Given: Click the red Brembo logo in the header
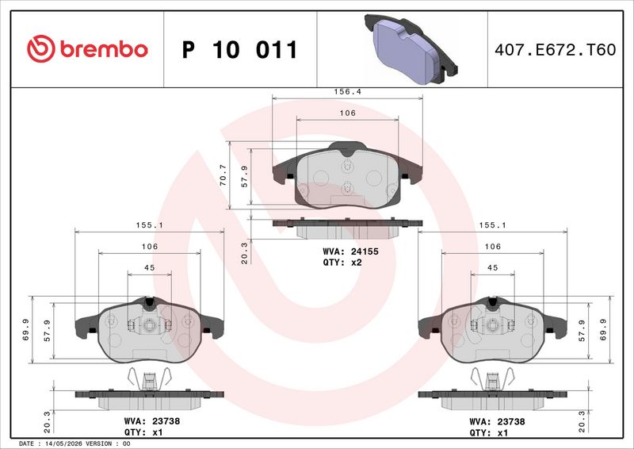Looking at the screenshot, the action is [x=87, y=48].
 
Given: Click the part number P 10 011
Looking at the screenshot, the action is [x=240, y=49].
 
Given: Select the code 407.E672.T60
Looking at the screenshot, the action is [x=556, y=49].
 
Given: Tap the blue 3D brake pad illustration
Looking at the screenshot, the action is [x=411, y=49].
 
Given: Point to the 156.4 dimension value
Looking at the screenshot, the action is [x=347, y=91].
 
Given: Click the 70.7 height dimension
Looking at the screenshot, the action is [x=223, y=175].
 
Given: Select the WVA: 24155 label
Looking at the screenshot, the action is [x=350, y=251].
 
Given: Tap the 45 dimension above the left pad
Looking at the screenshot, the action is [x=149, y=267].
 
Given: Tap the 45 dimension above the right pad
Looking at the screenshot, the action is [x=492, y=267].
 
